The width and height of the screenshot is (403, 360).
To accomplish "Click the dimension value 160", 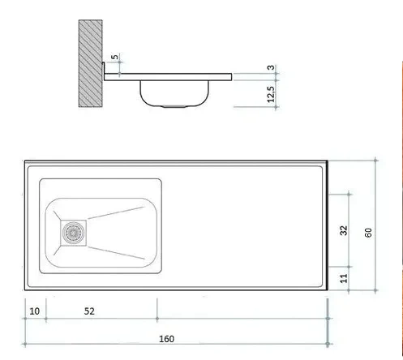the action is point(166,339).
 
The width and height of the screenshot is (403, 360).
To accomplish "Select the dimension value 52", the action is point(89,311).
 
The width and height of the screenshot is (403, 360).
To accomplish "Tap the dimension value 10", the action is point(34,311).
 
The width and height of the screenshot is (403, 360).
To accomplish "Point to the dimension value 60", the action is point(368,233).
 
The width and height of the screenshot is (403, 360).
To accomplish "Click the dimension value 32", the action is point(344,230).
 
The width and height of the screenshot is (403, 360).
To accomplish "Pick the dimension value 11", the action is point(344,278).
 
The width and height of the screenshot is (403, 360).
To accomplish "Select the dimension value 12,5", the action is point(271,94).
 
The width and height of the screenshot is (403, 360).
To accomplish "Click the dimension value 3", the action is point(271,67).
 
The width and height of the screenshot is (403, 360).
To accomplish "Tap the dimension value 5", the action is point(115,57).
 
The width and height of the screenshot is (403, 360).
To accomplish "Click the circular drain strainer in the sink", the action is point(73,233).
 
